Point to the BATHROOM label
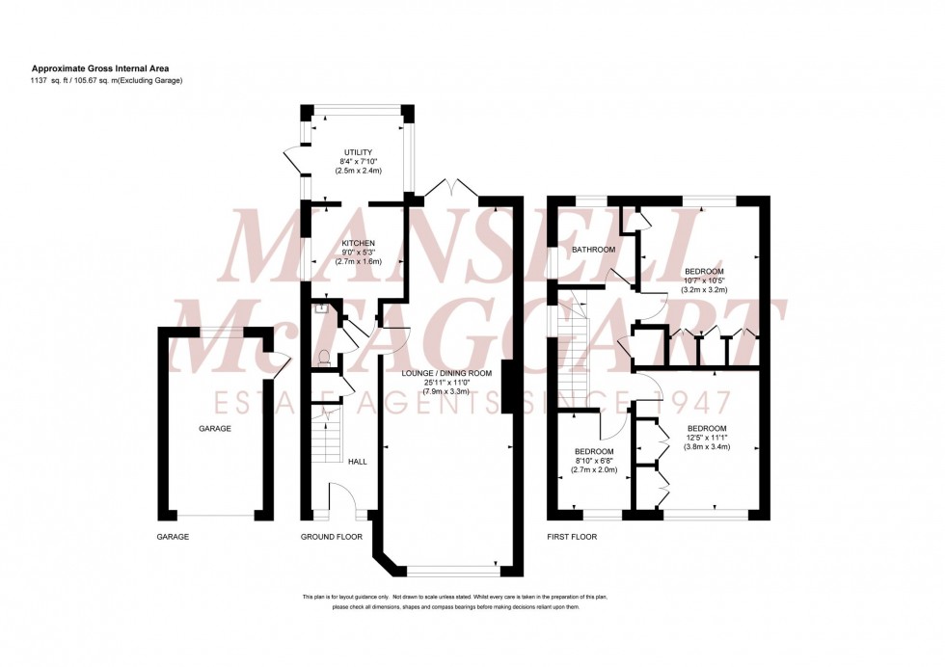click(x=593, y=250)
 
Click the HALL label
click(x=358, y=462)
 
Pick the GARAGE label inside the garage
click(x=215, y=428)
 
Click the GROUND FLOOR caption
click(x=331, y=536)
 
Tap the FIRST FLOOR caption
click(x=572, y=536)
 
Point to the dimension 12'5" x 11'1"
click(x=707, y=436)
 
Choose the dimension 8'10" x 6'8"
click(x=594, y=461)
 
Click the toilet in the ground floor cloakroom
click(x=325, y=357)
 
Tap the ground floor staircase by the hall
click(x=329, y=434)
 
